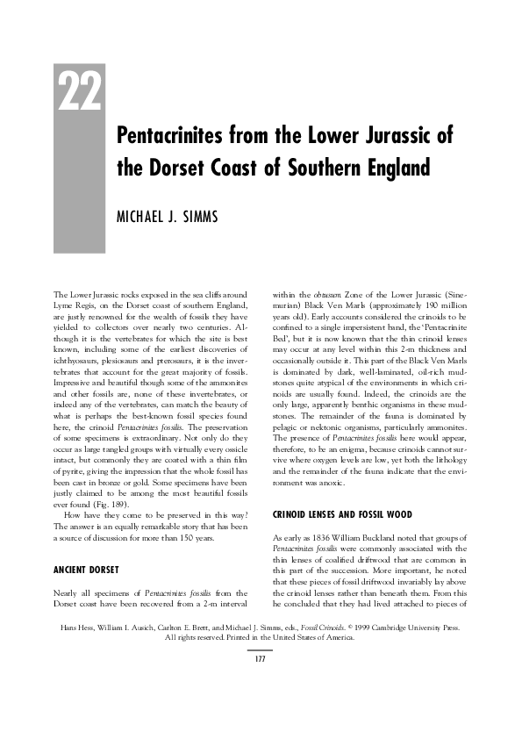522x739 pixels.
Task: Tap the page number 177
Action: click(261, 659)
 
